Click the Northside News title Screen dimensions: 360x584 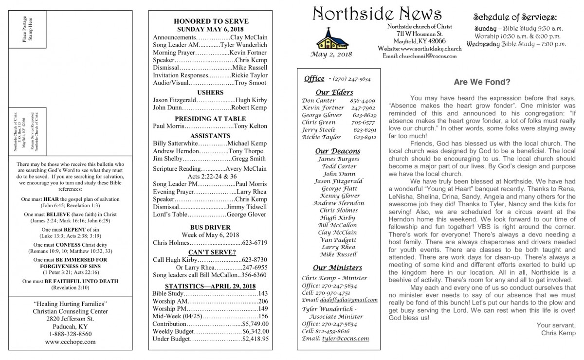[377, 13]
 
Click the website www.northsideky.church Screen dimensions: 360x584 [420, 49]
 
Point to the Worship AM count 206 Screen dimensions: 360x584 [263, 302]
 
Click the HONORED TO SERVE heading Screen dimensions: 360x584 [211, 21]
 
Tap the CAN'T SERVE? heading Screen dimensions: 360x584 [211, 252]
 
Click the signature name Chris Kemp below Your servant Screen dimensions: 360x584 [558, 333]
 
